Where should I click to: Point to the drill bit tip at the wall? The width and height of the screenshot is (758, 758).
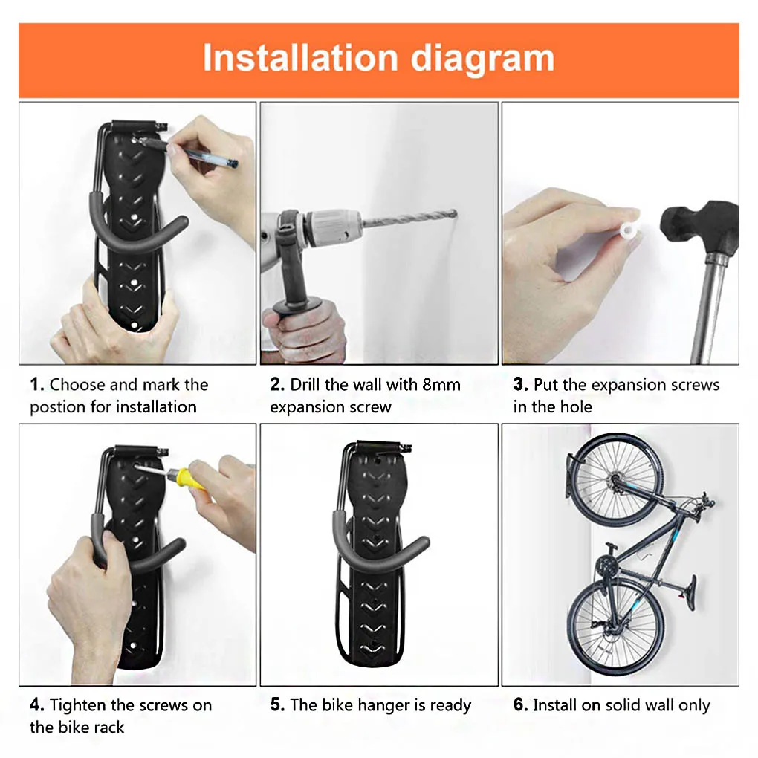(x=454, y=213)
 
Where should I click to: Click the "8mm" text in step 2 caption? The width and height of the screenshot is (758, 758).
(x=441, y=385)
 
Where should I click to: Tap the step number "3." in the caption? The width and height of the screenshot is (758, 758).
(x=520, y=385)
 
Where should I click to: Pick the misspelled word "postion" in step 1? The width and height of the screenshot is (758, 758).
(x=58, y=407)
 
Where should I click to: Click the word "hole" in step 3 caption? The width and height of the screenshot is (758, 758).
(x=576, y=406)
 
